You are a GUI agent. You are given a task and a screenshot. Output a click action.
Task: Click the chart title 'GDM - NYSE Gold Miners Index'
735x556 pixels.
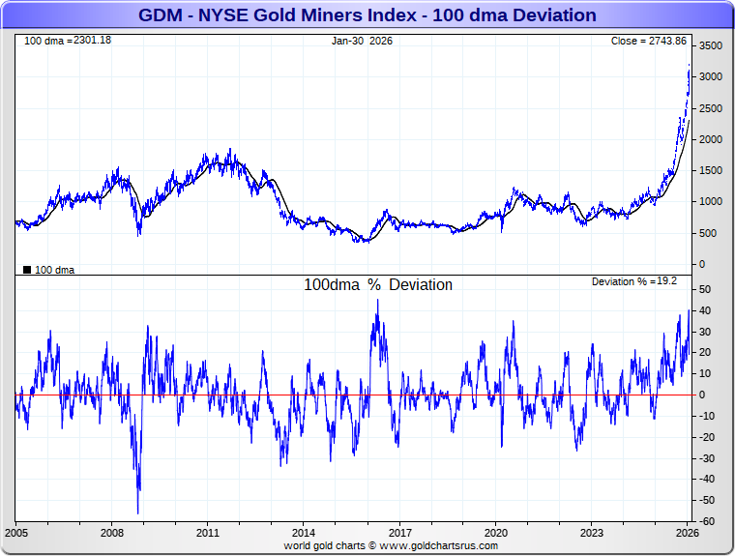[x=367, y=15]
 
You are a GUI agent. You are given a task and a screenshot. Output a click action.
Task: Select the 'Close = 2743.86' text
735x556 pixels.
[x=648, y=41]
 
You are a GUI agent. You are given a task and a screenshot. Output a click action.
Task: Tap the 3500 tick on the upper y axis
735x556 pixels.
[x=711, y=46]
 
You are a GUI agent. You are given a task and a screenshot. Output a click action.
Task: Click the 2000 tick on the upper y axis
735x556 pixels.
[x=711, y=139]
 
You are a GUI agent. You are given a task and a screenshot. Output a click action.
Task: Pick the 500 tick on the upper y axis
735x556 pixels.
[x=709, y=233]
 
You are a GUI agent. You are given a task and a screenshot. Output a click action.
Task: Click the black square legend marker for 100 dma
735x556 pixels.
[x=27, y=270]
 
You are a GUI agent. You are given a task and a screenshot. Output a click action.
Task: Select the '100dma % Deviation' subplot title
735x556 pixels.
[x=378, y=285]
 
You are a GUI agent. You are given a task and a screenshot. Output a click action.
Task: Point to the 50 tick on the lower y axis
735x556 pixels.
[x=706, y=290]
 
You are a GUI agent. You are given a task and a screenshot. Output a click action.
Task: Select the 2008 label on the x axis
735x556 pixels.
[x=112, y=533]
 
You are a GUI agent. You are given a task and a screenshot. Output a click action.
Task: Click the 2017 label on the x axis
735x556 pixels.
[x=399, y=533]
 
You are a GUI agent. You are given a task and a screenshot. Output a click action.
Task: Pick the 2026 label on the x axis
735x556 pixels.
[x=686, y=533]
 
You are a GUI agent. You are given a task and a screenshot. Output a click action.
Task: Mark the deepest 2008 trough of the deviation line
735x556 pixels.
[x=137, y=513]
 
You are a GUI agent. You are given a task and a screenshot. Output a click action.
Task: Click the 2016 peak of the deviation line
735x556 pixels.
[x=377, y=300]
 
